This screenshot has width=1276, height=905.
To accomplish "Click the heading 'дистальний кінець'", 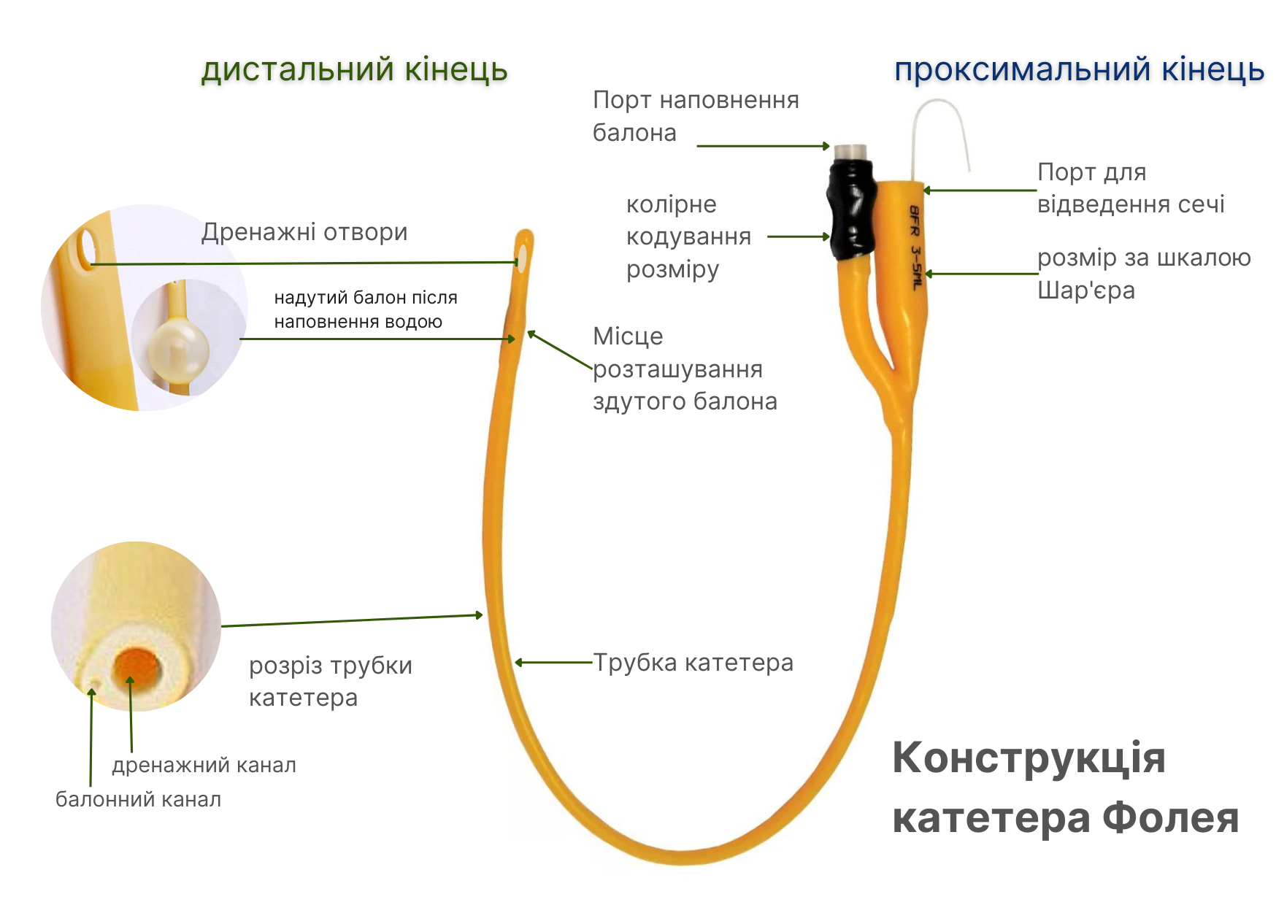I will coord(354,70).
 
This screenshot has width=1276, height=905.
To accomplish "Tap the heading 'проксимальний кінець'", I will coord(1079,70).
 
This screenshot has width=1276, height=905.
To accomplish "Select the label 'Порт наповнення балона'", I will coord(695,116).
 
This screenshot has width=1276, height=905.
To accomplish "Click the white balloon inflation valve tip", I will coord(851,152).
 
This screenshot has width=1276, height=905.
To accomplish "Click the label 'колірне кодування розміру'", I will coord(688,236).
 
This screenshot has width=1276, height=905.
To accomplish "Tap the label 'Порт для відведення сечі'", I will coord(1130,188).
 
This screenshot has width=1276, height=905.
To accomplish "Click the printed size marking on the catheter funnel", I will coord(915,247).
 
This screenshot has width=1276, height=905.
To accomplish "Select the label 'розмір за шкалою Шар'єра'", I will coord(1143,274).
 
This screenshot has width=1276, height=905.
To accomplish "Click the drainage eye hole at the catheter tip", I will coord(523,257).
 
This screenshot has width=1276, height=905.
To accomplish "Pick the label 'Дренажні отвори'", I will coord(304,232).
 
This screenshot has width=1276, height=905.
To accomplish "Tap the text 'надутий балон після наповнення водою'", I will coord(365,309).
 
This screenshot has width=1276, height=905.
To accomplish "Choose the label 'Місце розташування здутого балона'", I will coord(684,369).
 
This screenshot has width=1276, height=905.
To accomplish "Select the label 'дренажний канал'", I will coord(204,765).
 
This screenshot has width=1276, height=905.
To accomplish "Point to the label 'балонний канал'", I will coord(138,799).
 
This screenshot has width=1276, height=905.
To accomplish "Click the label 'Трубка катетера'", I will coord(693,663).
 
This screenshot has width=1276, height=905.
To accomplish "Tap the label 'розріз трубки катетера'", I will coord(330,681).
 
